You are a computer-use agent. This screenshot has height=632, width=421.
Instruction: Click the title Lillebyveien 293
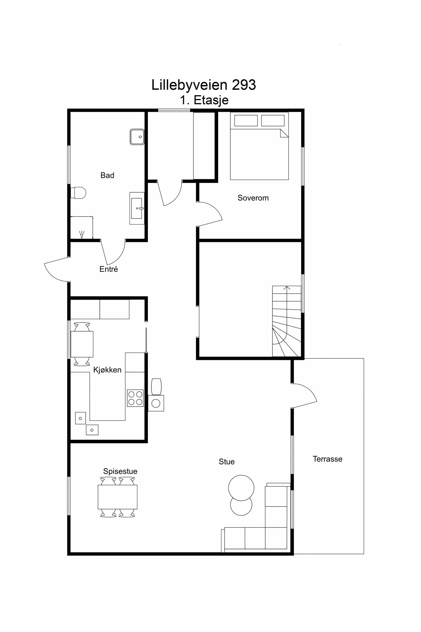203,85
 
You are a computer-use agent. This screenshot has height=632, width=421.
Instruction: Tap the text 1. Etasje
204,100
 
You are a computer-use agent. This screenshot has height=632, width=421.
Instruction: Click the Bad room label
107,175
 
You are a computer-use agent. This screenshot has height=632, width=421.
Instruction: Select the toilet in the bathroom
78,193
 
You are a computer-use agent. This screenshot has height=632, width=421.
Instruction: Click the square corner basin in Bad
137,137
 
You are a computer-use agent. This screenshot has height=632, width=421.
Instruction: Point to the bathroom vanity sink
137,208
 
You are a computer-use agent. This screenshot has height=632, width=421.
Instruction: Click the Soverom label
253,198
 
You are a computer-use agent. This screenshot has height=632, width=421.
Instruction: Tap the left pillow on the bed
246,120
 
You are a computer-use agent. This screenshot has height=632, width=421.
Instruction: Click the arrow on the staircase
287,288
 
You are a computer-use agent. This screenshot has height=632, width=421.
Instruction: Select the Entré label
108,269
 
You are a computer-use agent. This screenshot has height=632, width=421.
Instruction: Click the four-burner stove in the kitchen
135,398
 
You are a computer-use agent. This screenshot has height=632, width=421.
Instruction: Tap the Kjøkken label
107,370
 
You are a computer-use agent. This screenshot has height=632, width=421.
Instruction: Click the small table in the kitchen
82,344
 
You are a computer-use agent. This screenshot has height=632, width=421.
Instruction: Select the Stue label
226,462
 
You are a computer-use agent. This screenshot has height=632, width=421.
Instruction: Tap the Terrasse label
327,459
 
